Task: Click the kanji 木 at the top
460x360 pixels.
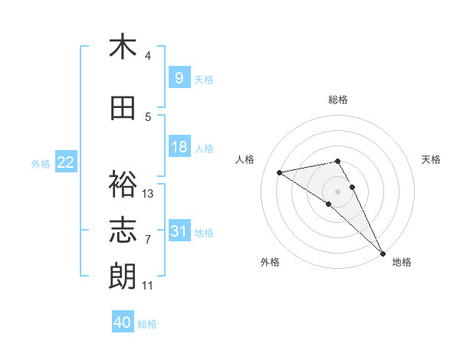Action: point(123,47)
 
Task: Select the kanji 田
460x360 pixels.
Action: point(123,109)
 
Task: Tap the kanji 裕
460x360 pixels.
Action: point(123,185)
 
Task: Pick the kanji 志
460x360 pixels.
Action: point(123,231)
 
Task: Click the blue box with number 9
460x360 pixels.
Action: point(179,77)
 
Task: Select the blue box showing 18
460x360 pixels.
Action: point(179,147)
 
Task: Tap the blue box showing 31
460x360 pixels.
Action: point(179,231)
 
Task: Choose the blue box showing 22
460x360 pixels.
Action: point(65,162)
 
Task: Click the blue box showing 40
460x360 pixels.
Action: point(123,322)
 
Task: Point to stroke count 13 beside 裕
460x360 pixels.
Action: point(148,194)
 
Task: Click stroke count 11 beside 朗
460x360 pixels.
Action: point(148,286)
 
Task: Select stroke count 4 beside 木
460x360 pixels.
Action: point(147,56)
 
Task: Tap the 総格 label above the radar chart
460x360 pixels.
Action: point(338,100)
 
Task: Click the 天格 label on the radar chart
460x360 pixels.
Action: point(432,159)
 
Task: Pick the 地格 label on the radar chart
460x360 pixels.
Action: point(402,263)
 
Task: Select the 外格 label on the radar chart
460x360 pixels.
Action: point(270,263)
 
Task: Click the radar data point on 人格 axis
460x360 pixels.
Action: point(280,172)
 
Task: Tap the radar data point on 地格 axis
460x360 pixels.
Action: point(383,253)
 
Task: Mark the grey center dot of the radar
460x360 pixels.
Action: point(338,191)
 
